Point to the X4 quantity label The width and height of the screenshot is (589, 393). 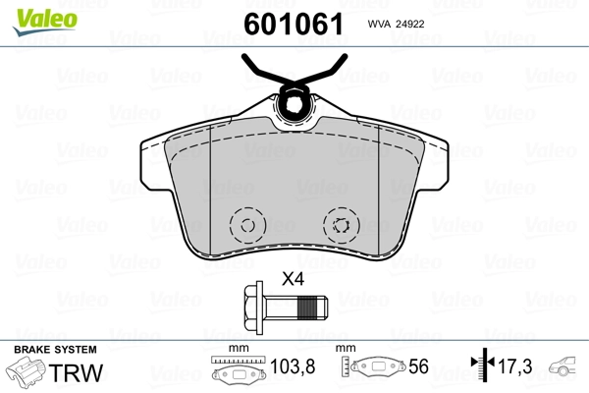point(293,278)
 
